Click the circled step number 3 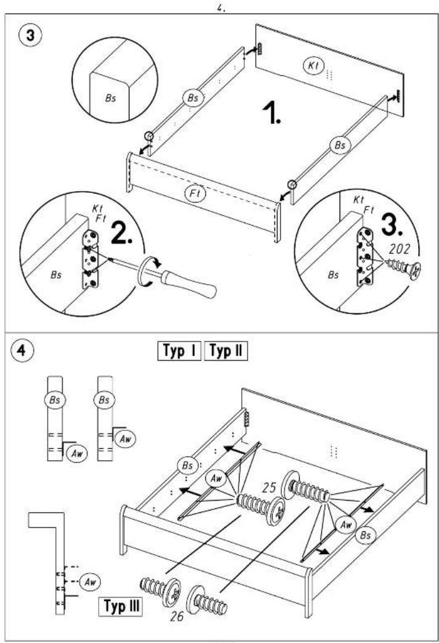(30, 35)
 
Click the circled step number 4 (22, 351)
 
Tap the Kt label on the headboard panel (314, 65)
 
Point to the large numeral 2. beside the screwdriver (121, 235)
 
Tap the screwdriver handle (189, 283)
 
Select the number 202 (399, 249)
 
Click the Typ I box (179, 351)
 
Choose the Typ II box (226, 351)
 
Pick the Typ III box (121, 606)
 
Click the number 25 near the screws (269, 488)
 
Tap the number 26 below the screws (177, 616)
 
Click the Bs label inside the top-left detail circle (111, 99)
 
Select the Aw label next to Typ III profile (89, 582)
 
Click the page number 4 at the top (221, 8)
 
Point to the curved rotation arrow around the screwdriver (150, 271)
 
